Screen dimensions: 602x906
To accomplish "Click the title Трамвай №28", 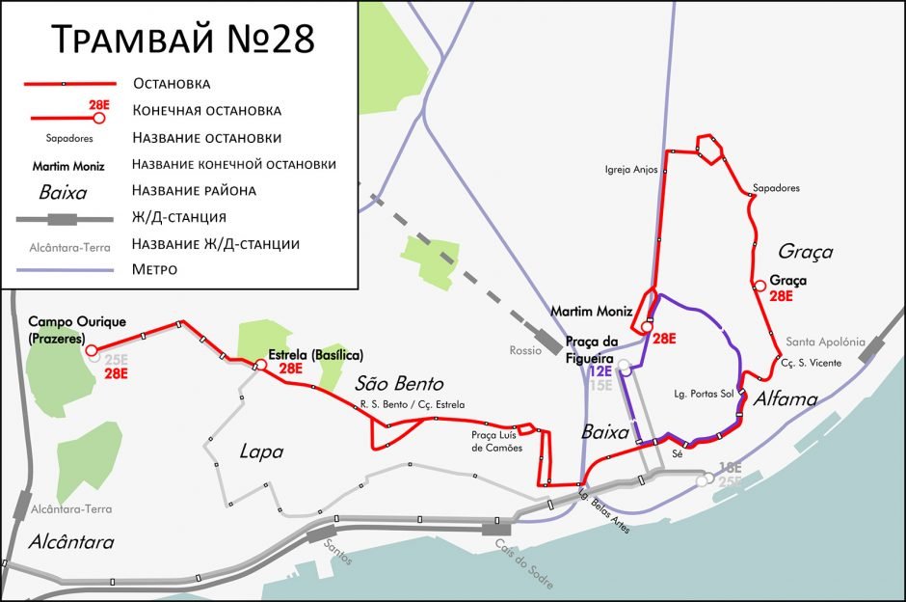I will (x=182, y=41).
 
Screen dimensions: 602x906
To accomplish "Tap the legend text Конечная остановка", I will (x=207, y=110).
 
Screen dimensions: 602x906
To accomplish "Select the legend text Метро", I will (x=154, y=269).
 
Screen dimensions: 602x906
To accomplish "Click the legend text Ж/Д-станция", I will (x=180, y=216).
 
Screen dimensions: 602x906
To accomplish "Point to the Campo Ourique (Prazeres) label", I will (x=77, y=328).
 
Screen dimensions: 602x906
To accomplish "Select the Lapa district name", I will (x=261, y=451).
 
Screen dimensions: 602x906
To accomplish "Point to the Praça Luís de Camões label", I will (x=496, y=442).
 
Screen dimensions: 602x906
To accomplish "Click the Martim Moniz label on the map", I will (x=591, y=311).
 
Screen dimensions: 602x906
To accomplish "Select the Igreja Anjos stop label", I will (x=631, y=170).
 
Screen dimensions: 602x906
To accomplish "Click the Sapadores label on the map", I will (x=776, y=188).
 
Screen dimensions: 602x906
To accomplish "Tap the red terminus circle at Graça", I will (x=759, y=285).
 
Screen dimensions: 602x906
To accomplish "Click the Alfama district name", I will (x=785, y=398).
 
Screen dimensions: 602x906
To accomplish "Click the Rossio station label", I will (x=525, y=350).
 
